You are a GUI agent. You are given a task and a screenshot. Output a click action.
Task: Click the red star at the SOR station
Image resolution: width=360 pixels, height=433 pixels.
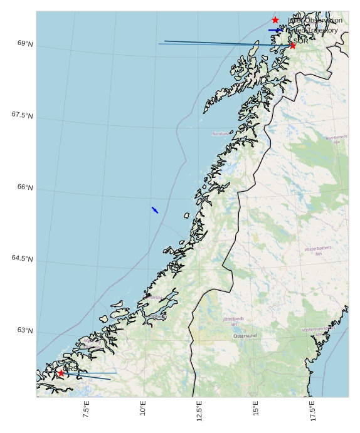point(292,45)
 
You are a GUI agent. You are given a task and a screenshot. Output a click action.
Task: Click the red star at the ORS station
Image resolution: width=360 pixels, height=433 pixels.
point(61,373)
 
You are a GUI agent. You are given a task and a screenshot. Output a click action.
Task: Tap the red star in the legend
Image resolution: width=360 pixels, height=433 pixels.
point(275,20)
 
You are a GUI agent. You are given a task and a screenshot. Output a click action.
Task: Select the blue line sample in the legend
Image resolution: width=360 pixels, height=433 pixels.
point(275,30)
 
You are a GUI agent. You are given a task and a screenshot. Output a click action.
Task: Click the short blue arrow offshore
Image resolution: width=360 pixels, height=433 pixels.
point(154,210)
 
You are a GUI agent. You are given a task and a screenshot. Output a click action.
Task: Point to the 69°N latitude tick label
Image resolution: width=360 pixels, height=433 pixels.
point(26,44)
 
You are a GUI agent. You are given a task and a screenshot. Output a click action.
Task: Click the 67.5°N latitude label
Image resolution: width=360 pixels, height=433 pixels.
point(22,115)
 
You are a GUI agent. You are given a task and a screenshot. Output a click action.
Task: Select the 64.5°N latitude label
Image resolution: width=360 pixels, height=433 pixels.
point(22,259)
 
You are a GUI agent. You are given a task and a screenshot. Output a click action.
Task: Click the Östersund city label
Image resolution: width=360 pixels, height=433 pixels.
point(245,336)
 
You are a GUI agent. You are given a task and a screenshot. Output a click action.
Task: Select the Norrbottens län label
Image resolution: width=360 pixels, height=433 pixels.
point(336,139)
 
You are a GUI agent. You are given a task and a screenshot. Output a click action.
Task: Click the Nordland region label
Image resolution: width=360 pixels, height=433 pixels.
point(221,133)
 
